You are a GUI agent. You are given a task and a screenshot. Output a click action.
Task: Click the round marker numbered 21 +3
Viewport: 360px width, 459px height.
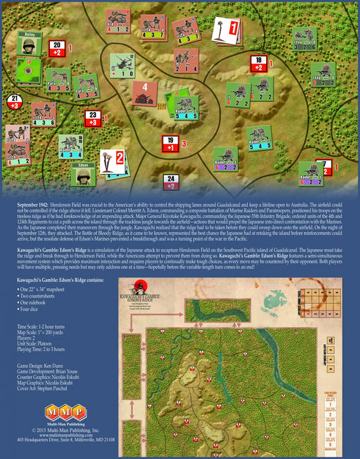(14, 102)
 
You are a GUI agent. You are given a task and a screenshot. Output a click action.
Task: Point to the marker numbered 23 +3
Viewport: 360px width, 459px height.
(93, 118)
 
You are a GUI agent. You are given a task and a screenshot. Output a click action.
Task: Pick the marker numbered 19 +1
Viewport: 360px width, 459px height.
(170, 143)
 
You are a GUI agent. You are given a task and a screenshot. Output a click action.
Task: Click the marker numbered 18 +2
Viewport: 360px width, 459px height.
(258, 63)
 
